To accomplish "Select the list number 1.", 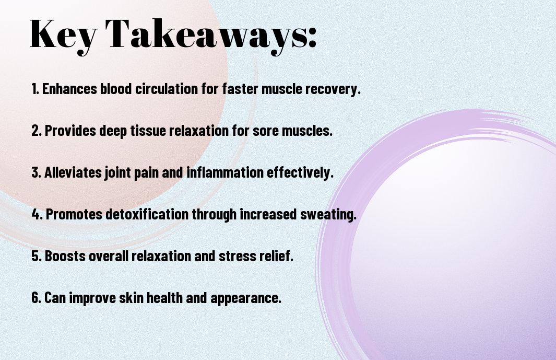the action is point(35,89).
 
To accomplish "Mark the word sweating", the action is point(328,215).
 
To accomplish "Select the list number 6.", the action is point(37,298).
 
